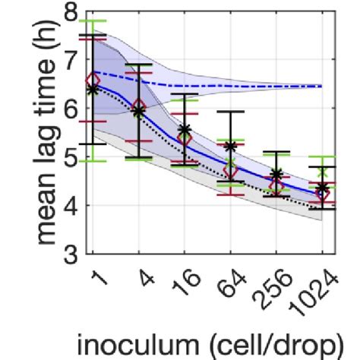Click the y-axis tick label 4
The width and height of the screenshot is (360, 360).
[72, 205]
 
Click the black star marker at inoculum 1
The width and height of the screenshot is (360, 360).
[93, 89]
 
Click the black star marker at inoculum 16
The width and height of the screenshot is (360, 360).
[185, 130]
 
